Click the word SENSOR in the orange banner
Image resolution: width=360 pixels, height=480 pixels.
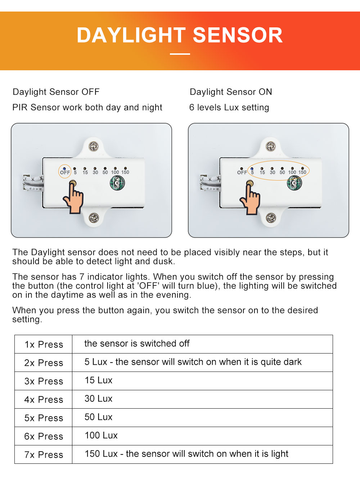click(x=238, y=35)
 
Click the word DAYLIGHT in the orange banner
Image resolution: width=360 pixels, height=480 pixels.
click(x=131, y=35)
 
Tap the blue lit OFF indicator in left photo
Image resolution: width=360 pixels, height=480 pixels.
click(x=64, y=169)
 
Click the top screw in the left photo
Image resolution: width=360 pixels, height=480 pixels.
click(x=94, y=146)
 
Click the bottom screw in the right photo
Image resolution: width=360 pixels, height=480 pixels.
click(x=271, y=218)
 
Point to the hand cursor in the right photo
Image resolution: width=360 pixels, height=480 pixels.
click(x=251, y=200)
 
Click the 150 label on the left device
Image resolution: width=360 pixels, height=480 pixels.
click(x=125, y=172)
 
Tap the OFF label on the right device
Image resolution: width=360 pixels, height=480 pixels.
click(x=242, y=173)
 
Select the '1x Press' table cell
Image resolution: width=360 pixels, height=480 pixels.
click(x=44, y=345)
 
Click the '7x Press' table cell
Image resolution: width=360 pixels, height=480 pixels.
click(x=44, y=455)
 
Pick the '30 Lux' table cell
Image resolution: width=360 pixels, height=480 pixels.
click(x=98, y=399)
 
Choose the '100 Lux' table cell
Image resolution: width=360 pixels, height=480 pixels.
click(x=101, y=435)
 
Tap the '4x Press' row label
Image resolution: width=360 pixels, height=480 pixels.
click(x=44, y=400)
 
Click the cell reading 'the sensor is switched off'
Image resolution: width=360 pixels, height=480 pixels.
click(x=137, y=343)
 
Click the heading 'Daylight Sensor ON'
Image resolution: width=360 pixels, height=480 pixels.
click(x=231, y=92)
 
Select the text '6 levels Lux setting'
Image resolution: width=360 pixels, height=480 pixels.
click(x=229, y=107)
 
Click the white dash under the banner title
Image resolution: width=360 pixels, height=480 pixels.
click(x=180, y=54)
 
